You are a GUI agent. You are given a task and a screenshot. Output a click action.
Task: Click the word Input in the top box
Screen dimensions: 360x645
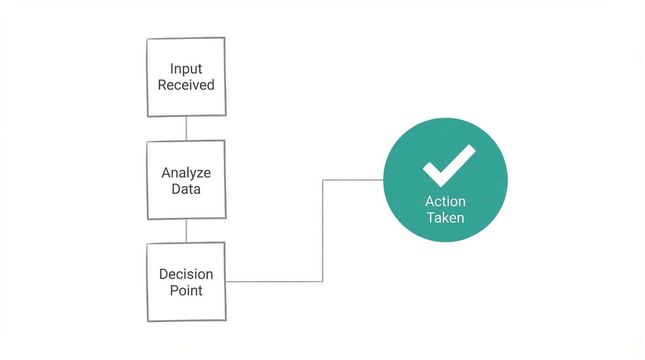click(186, 68)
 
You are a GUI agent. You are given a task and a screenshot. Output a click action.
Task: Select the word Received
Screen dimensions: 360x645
click(186, 85)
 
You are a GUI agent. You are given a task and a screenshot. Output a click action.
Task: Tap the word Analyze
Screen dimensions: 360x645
click(186, 173)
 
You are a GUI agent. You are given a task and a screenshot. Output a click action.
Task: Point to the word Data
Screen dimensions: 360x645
click(186, 189)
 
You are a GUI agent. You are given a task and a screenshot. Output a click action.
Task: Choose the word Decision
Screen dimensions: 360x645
click(186, 274)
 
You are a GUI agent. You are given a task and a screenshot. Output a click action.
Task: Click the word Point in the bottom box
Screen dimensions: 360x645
click(186, 291)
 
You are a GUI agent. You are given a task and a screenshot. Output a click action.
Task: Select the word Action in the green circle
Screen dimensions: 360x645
click(445, 202)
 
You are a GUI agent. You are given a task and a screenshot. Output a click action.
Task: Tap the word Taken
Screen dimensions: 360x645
click(445, 218)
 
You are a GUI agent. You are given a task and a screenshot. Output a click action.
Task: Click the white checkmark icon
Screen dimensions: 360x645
click(449, 165)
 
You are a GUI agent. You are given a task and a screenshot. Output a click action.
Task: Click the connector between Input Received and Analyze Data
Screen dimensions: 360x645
click(186, 128)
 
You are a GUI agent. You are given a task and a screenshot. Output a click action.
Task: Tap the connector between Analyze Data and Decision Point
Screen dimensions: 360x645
click(186, 230)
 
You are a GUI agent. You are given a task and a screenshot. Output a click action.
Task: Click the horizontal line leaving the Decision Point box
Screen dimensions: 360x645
click(274, 281)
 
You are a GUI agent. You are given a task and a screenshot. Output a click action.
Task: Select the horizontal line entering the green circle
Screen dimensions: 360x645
click(353, 180)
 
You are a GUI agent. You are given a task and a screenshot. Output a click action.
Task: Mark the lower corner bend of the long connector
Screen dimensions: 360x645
click(322, 281)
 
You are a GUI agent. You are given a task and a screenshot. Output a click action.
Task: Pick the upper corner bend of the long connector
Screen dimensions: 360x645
click(322, 180)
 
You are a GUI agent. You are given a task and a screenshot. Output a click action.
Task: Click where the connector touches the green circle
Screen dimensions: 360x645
click(383, 180)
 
